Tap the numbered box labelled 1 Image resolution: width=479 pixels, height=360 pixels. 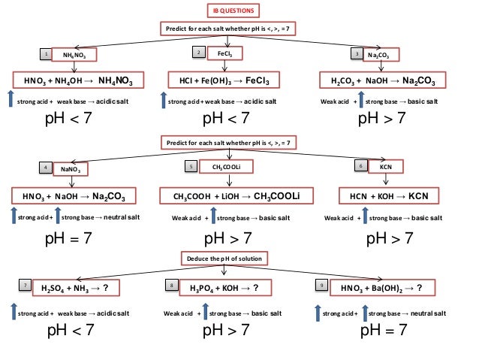(47, 55)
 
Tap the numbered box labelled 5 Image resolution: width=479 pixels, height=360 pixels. (192, 166)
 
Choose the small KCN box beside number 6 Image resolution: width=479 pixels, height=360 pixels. (386, 166)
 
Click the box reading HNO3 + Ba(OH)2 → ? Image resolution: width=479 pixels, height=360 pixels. (386, 287)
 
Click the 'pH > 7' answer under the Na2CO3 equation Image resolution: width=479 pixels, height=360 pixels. (382, 118)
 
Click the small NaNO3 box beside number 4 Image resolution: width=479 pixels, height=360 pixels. (74, 169)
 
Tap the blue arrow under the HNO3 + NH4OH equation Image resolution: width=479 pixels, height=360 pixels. (10, 99)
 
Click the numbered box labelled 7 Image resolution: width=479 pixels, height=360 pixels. (26, 286)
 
